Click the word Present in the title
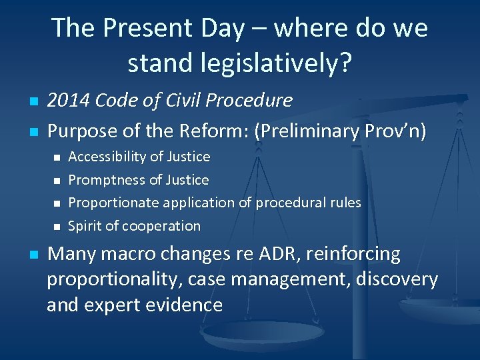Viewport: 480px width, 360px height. pos(143,28)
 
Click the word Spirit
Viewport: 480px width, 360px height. pos(84,226)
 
